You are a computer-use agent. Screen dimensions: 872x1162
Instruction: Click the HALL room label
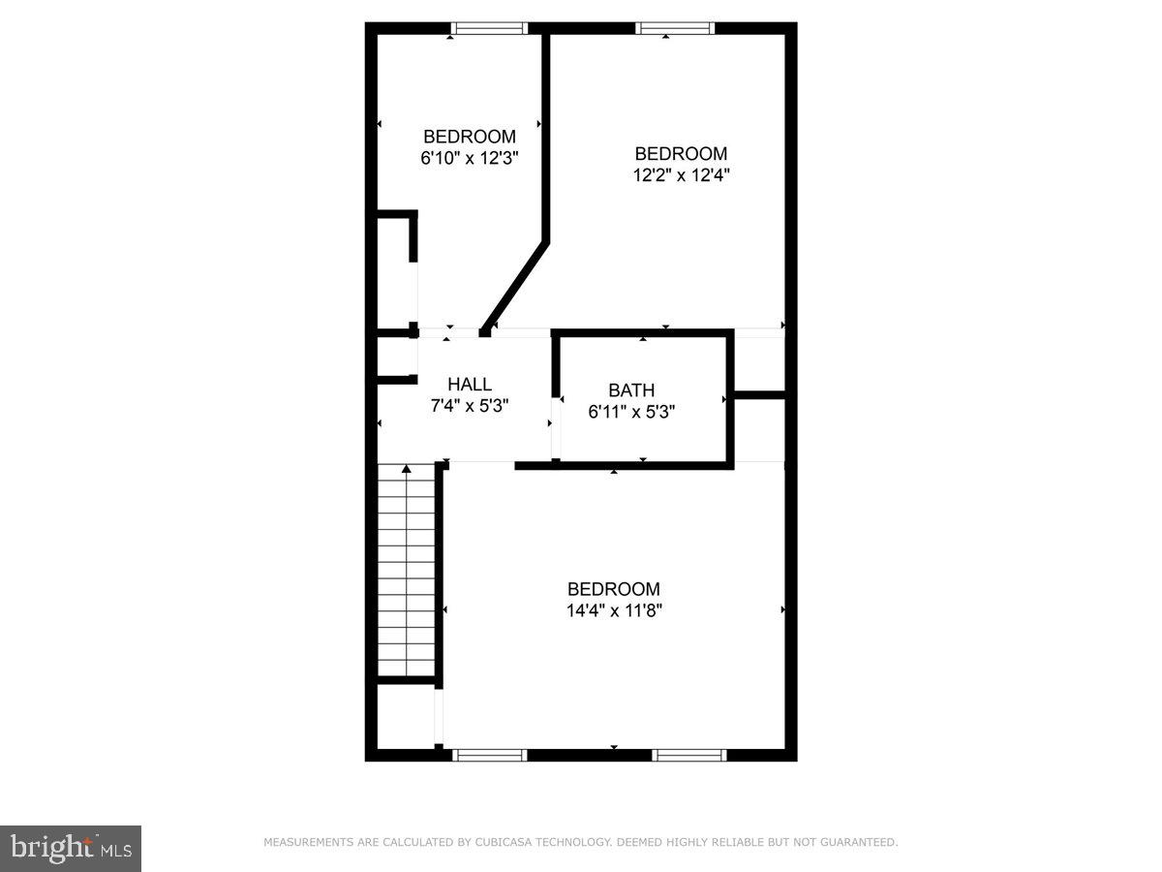[x=470, y=385]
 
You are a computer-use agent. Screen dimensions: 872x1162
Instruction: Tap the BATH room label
[x=631, y=390]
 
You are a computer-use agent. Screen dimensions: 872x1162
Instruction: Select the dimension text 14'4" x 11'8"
[x=614, y=610]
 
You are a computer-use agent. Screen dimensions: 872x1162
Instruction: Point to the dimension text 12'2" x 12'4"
[x=681, y=175]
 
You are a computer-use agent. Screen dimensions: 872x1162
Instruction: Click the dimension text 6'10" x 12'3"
[x=470, y=158]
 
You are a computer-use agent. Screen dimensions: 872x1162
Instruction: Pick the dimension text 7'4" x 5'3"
[x=470, y=406]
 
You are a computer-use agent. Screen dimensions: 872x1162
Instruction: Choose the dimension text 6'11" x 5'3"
[x=631, y=411]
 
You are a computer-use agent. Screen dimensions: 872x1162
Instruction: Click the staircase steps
[x=406, y=572]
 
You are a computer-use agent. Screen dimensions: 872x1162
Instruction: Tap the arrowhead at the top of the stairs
[x=407, y=470]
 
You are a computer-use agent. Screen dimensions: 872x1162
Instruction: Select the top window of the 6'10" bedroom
[x=490, y=28]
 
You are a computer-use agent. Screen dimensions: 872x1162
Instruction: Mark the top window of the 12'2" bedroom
[x=675, y=28]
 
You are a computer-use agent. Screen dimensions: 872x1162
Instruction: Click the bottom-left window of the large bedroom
[x=490, y=755]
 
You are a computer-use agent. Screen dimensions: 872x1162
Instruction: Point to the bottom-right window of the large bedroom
[x=688, y=755]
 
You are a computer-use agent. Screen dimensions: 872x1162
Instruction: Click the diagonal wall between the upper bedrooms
[x=515, y=286]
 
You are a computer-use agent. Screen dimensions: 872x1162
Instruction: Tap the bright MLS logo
[x=71, y=849]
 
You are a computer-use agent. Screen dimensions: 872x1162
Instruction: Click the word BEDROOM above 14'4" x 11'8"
[x=614, y=589]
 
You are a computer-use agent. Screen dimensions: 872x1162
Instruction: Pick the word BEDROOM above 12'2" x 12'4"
[x=681, y=154]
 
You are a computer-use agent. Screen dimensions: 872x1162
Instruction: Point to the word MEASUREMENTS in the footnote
[x=308, y=843]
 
